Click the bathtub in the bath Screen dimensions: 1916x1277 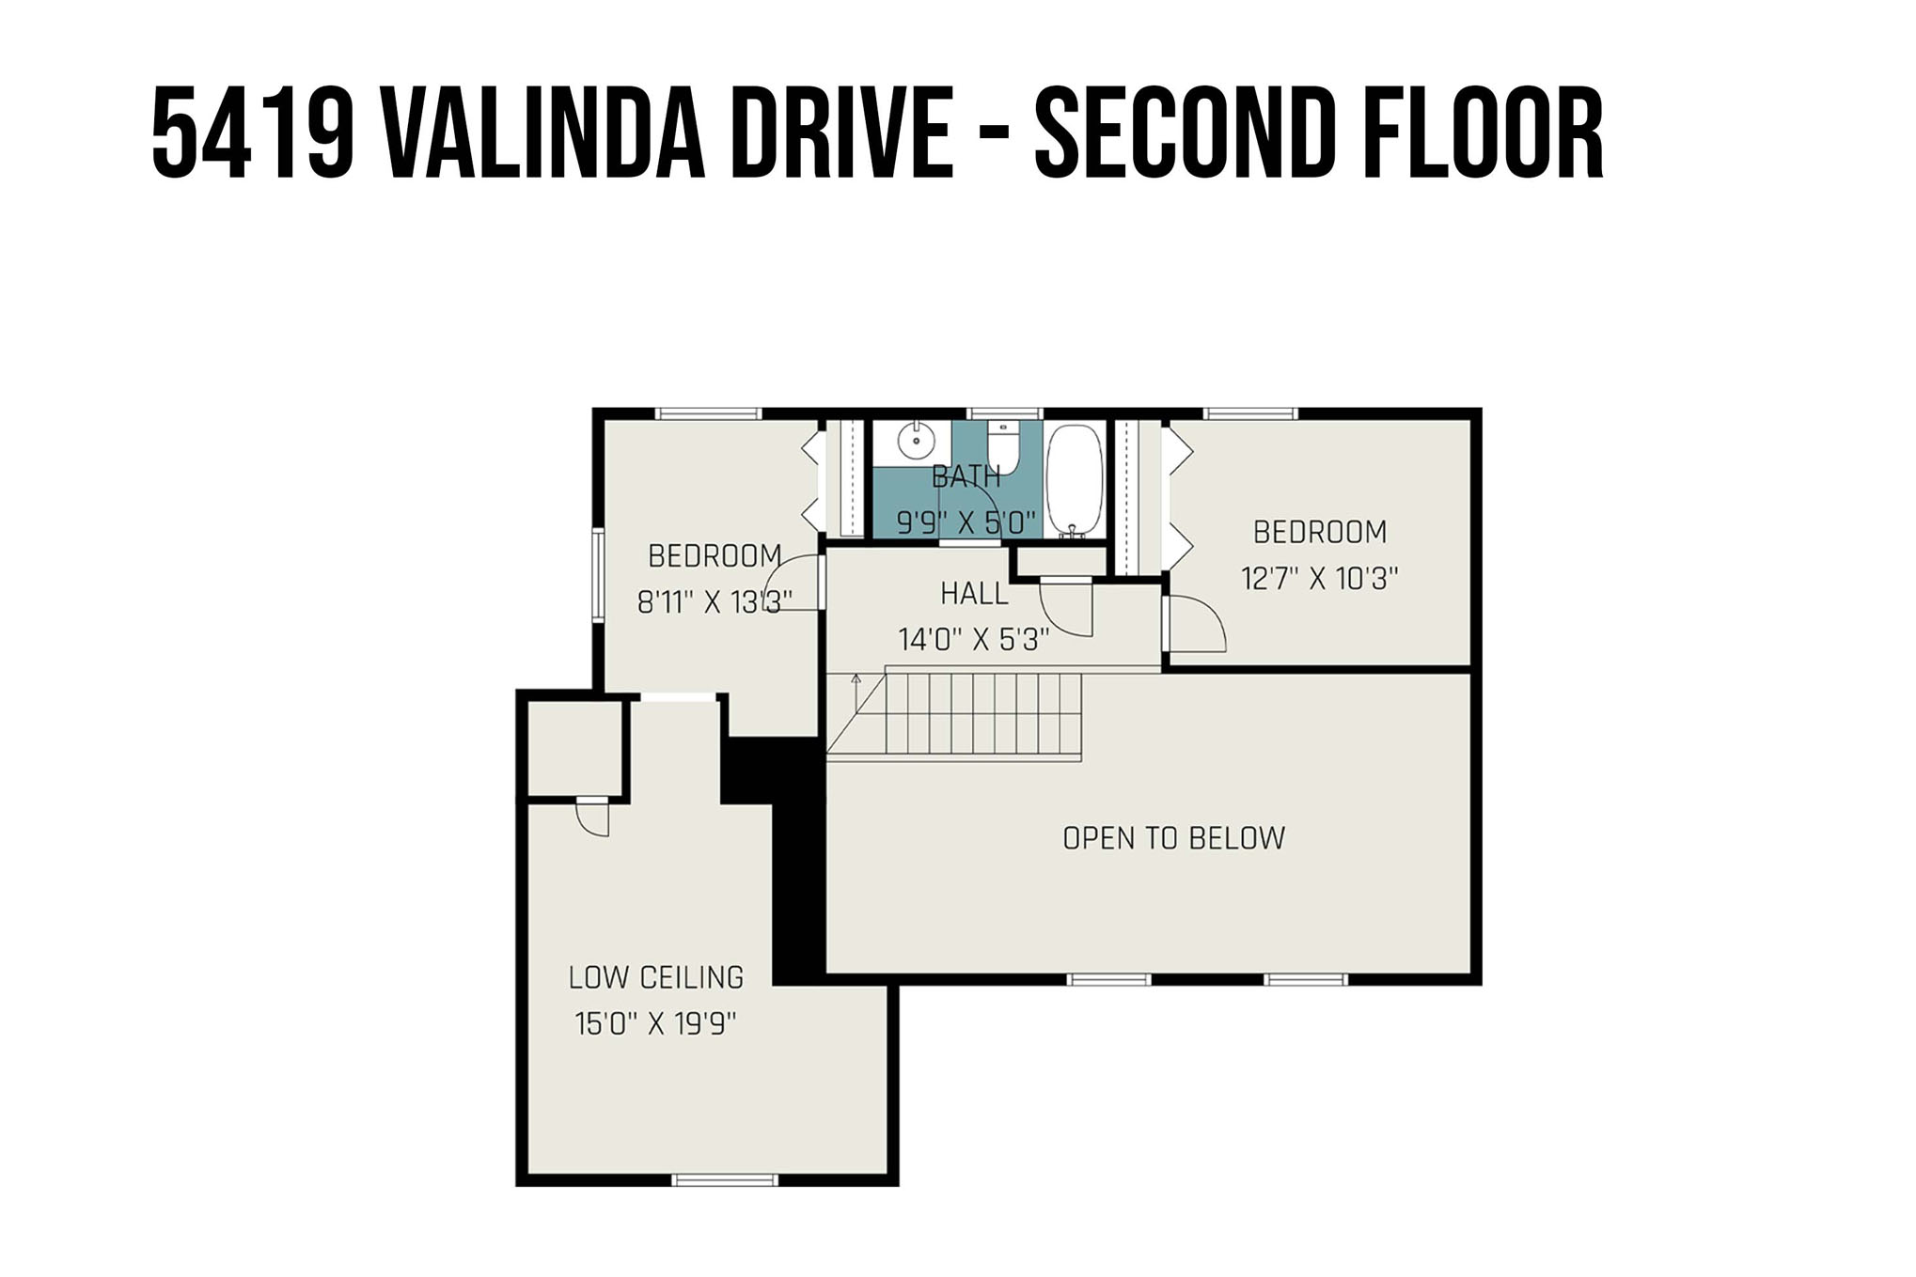pos(1075,480)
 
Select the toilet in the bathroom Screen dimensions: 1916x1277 pos(1003,447)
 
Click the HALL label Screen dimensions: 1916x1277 pos(974,594)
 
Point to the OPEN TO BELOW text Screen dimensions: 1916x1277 pos(1173,838)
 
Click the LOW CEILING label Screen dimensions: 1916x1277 pos(656,978)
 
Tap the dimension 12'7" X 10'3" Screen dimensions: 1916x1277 pos(1319,578)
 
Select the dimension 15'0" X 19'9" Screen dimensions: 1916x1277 pos(655,1023)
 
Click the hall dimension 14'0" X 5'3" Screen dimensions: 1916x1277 pos(973,640)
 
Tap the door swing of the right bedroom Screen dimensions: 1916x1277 pos(1196,623)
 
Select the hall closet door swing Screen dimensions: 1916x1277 pos(1067,609)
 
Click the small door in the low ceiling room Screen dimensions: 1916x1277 pos(593,817)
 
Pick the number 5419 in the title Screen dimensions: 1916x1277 pos(253,132)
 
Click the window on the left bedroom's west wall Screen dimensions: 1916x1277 pos(597,574)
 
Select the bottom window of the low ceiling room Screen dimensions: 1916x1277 pos(725,1180)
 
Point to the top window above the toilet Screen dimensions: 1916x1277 pos(1004,413)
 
